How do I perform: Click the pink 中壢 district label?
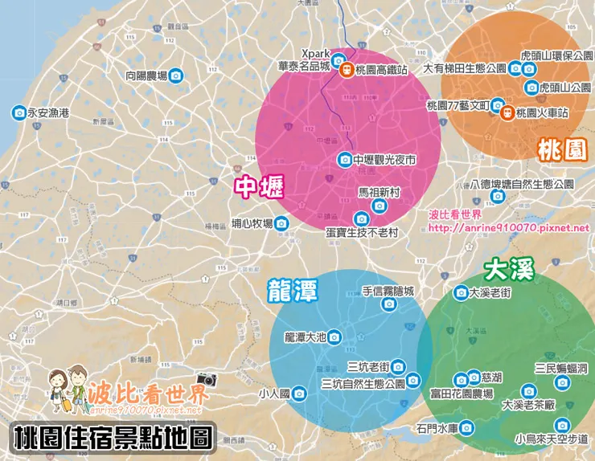tap(257, 186)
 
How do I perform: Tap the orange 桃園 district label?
tap(562, 149)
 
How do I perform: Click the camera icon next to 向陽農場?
tap(176, 75)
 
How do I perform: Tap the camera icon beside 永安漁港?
tap(18, 113)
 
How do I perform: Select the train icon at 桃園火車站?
tap(508, 114)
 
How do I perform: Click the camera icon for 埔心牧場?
tap(281, 224)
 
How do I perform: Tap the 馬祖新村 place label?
tap(379, 194)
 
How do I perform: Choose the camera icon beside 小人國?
tap(298, 394)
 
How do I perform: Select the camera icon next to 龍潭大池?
tap(333, 338)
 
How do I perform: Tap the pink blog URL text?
tap(508, 227)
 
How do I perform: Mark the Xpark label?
tap(315, 55)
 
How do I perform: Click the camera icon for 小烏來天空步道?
tap(561, 425)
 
